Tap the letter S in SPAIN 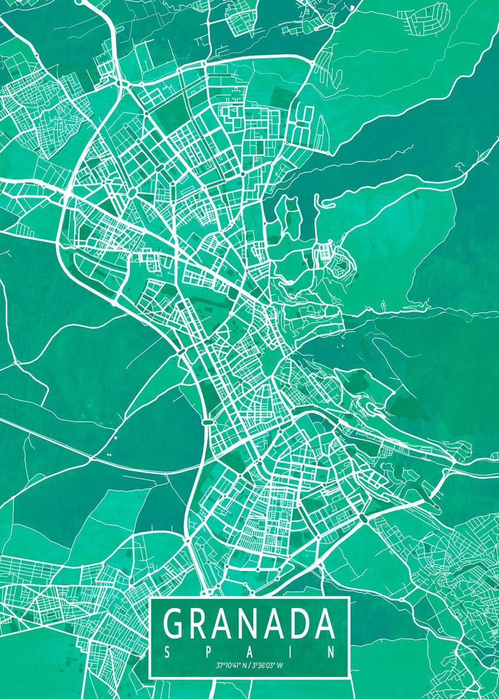click(x=167, y=650)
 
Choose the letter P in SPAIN click(x=208, y=650)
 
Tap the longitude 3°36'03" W click(x=270, y=665)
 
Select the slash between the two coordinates click(x=249, y=665)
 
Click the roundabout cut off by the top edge click(x=84, y=2)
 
